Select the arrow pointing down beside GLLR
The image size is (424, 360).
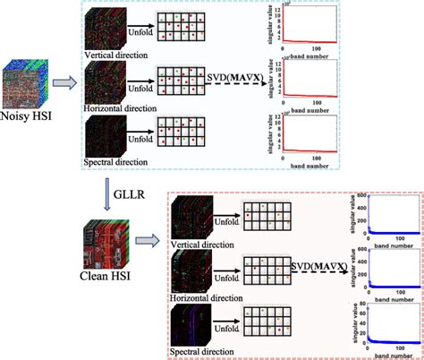(x=106, y=189)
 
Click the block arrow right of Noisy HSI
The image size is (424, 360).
(x=64, y=85)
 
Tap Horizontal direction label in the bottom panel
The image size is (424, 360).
(x=218, y=293)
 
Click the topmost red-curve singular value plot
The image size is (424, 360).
(x=310, y=24)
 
